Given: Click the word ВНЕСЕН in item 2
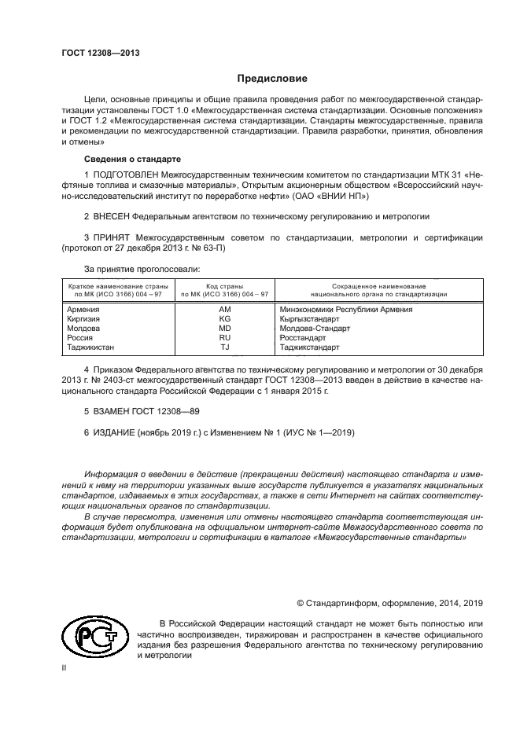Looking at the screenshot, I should click(110, 214).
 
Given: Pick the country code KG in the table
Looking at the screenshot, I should click(224, 319).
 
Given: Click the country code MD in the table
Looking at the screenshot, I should click(224, 329).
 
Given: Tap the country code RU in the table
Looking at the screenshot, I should click(224, 337).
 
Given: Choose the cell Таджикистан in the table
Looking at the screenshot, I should click(90, 347).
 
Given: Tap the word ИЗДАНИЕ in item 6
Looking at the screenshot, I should click(115, 432).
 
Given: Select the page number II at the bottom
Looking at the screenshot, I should click(65, 667).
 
